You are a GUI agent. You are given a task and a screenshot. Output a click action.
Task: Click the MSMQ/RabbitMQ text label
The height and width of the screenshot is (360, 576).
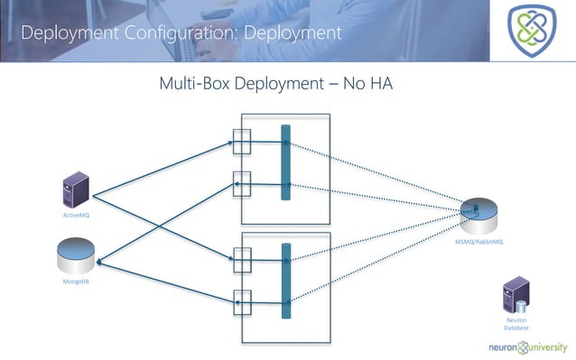point(479,243)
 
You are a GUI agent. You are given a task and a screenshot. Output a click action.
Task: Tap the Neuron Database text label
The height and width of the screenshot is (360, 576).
point(516,324)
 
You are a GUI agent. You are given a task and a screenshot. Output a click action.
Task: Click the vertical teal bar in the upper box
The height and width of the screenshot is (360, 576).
point(285,163)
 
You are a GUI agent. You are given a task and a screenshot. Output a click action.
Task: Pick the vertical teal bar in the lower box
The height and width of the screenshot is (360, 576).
point(285,281)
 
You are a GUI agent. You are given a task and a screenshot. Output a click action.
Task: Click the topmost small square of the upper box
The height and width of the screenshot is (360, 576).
point(241,142)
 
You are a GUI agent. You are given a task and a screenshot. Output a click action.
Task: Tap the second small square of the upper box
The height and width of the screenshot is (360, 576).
point(241,182)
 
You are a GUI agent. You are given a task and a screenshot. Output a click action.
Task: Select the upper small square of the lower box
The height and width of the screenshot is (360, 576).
point(241,260)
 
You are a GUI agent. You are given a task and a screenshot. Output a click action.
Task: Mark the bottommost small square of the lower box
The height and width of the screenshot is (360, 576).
point(241,300)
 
